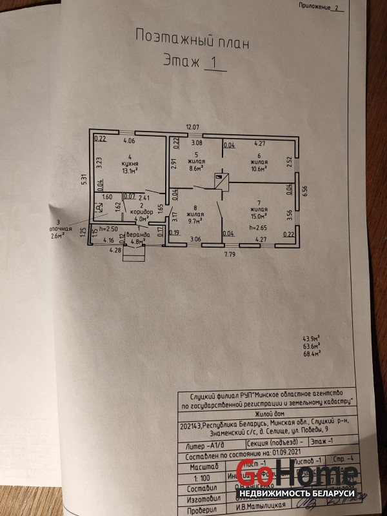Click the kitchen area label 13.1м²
pos(130,171)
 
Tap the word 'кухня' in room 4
pos(130,164)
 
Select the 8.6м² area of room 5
pos(196,169)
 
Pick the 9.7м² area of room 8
pos(194,219)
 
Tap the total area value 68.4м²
pos(312,353)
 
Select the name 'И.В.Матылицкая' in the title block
pos(260,507)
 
